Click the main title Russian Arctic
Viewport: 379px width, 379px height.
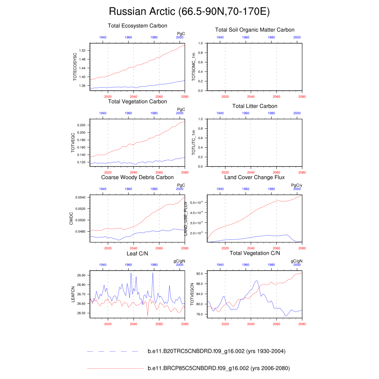click(189, 12)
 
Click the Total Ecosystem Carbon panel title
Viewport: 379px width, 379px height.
click(137, 26)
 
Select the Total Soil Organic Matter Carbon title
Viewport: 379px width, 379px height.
click(255, 30)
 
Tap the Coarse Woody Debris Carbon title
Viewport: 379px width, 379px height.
click(137, 178)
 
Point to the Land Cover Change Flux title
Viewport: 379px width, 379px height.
click(255, 178)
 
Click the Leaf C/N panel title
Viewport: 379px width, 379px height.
click(137, 254)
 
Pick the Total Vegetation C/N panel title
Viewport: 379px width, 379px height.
click(255, 254)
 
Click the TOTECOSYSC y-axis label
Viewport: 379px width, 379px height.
click(75, 67)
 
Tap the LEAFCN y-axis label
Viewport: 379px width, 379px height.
click(73, 294)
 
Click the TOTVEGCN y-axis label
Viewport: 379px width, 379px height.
click(192, 294)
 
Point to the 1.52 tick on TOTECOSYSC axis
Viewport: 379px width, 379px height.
click(82, 50)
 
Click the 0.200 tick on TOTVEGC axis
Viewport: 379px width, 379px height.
click(81, 133)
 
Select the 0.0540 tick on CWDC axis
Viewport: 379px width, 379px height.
click(80, 198)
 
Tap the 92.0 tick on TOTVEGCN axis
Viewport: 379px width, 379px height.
click(200, 274)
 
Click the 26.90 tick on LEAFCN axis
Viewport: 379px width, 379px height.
click(81, 276)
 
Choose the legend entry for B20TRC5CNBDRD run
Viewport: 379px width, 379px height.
click(217, 351)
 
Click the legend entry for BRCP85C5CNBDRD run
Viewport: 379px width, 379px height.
click(218, 369)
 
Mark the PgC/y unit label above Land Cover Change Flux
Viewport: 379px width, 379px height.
click(297, 185)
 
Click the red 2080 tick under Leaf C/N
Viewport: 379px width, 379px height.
click(185, 324)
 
